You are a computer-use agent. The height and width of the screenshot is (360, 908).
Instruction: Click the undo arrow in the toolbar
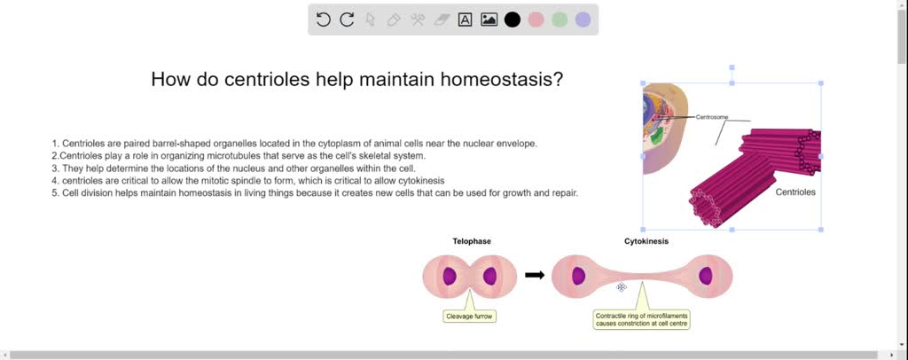tap(324, 20)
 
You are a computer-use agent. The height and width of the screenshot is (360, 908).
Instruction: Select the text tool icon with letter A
tap(465, 20)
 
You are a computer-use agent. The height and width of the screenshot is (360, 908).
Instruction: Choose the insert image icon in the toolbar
tap(489, 20)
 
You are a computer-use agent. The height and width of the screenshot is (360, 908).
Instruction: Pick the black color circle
tap(513, 20)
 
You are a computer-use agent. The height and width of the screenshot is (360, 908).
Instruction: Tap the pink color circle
tap(536, 20)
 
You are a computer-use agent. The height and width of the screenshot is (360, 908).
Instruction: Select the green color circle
tap(560, 20)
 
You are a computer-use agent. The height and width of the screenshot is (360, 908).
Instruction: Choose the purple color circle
tap(583, 20)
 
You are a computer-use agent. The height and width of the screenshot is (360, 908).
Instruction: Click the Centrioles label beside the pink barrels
tap(795, 192)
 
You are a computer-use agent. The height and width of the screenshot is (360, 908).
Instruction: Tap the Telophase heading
tap(472, 241)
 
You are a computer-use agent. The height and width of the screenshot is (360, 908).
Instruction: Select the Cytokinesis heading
tap(646, 241)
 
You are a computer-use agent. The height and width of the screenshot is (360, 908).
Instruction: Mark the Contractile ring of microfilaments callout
tap(641, 319)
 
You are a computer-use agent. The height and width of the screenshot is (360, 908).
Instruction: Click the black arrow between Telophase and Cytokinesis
tap(535, 275)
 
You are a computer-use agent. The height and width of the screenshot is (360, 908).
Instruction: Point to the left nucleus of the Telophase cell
tap(450, 276)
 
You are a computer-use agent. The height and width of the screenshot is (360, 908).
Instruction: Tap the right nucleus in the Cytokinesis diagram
tap(706, 276)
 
